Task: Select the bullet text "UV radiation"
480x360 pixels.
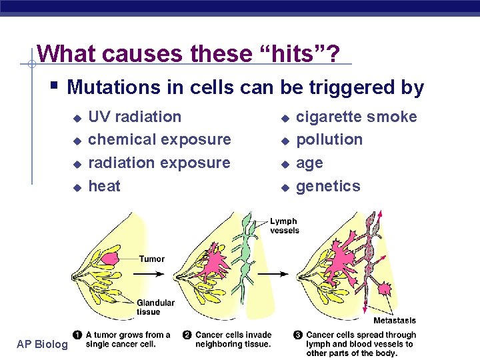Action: point(135,117)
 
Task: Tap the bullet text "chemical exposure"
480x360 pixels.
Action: point(159,140)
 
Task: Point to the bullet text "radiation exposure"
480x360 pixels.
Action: point(159,163)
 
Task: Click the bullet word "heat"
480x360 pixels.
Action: point(105,186)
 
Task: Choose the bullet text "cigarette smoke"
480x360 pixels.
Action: point(356,117)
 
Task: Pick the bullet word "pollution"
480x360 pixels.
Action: point(329,140)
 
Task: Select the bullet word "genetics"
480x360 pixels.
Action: point(328,186)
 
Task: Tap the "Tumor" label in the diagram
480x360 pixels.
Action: point(152,259)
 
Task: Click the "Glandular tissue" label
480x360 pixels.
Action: point(155,307)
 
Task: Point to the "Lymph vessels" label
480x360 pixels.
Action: point(285,226)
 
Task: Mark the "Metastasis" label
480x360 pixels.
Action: point(395,321)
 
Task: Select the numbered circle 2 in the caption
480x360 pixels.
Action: point(188,335)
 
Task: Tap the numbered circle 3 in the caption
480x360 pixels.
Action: point(299,335)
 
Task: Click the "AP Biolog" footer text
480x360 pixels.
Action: point(43,344)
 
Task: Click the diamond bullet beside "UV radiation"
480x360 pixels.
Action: point(77,118)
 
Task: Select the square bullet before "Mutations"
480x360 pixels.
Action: point(55,86)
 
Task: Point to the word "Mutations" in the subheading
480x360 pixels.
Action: point(112,87)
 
